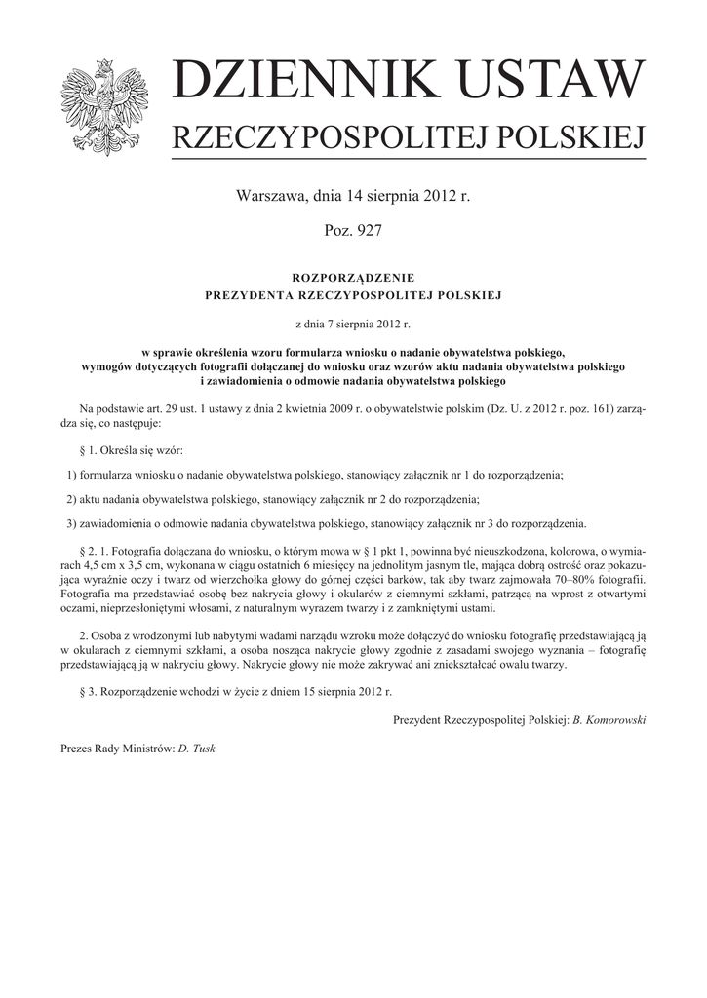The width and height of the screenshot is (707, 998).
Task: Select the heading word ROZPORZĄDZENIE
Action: [x=353, y=278]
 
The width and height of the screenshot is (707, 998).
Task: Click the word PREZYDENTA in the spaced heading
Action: [x=247, y=294]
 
